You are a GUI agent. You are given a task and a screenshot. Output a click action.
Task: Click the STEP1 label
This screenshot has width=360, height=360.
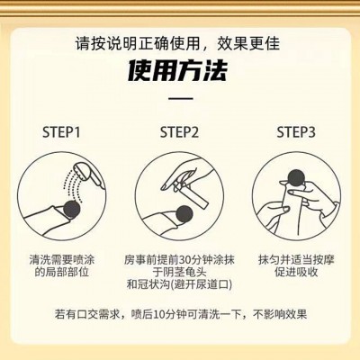(x=61, y=132)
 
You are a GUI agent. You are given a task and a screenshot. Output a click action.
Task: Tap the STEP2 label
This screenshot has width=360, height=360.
(x=179, y=132)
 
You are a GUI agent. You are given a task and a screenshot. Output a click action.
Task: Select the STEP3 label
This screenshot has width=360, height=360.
(x=296, y=132)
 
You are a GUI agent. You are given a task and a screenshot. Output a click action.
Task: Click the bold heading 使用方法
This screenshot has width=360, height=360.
(x=177, y=71)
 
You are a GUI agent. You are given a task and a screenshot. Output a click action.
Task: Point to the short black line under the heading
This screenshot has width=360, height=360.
(x=180, y=98)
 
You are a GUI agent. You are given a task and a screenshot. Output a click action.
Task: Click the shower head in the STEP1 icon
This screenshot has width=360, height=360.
(x=89, y=174)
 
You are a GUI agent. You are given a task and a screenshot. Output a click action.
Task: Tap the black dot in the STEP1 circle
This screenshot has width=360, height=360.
(x=72, y=209)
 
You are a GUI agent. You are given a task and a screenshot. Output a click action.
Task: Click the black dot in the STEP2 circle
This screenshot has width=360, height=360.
(x=184, y=213)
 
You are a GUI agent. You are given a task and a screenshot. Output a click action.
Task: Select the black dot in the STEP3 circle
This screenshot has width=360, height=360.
(x=296, y=178)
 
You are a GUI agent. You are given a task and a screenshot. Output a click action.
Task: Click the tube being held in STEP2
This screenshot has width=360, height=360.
(x=191, y=195)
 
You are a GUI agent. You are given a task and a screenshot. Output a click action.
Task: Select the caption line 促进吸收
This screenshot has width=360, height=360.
(x=296, y=272)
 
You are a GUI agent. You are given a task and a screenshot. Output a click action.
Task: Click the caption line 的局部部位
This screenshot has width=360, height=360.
(x=62, y=272)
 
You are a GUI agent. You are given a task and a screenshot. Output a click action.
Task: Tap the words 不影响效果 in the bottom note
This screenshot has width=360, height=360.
(x=280, y=314)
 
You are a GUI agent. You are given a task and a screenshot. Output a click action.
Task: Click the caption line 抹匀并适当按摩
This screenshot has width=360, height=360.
(x=296, y=260)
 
